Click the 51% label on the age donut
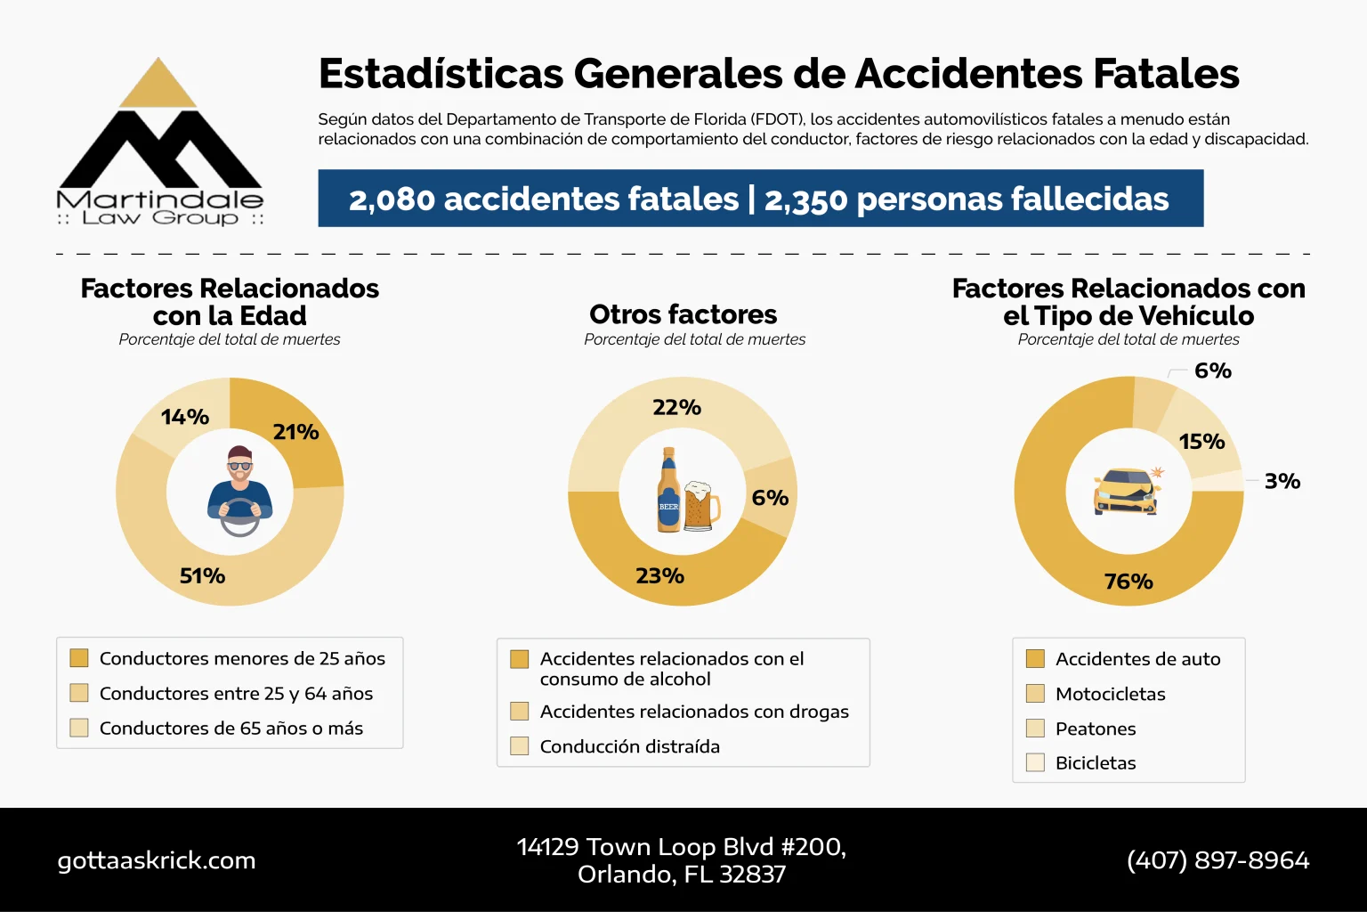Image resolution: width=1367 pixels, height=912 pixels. tap(202, 576)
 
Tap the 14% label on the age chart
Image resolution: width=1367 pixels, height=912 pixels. tap(185, 417)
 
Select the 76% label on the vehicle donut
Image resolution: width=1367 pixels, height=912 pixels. tap(1128, 582)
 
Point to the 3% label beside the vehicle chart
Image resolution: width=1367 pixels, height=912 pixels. tap(1282, 481)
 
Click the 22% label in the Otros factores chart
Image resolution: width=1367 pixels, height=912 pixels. tap(676, 408)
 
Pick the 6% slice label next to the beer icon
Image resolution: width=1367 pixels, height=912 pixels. tap(770, 498)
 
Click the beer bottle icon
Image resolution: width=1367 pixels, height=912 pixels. tap(668, 492)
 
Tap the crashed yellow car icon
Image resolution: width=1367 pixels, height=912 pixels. tap(1127, 492)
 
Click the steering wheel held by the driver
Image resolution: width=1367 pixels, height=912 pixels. tap(239, 517)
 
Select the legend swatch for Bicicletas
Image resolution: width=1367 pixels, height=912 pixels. tap(1035, 763)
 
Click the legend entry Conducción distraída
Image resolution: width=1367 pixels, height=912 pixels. tap(629, 746)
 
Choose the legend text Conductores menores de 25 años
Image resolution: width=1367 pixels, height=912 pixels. tap(242, 659)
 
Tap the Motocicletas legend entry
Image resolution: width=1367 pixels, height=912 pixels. tap(1110, 694)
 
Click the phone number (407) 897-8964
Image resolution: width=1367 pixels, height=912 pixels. tap(1217, 860)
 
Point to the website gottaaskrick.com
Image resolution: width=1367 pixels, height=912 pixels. tap(157, 860)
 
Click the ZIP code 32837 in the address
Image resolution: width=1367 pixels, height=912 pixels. tap(753, 875)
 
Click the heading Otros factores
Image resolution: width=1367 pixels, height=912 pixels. tap(683, 314)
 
